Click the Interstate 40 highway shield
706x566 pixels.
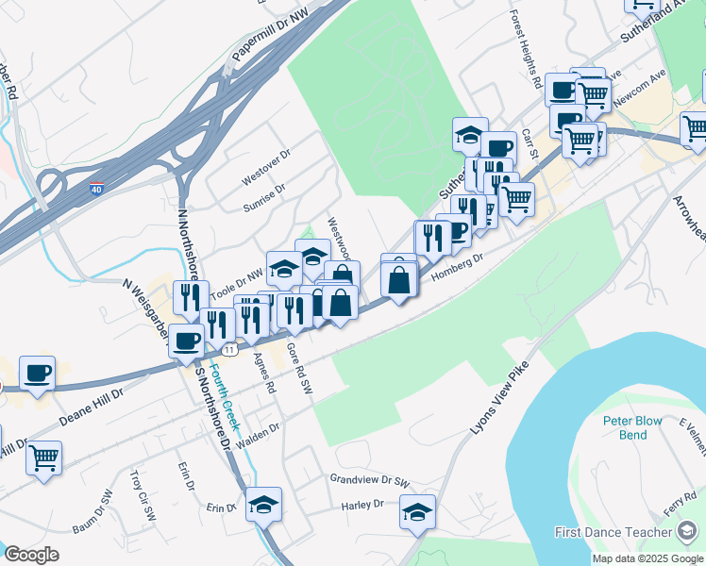97,189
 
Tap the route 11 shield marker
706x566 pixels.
229,350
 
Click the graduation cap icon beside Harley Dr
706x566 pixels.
417,513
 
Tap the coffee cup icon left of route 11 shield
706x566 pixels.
187,341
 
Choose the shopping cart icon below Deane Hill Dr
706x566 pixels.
43,458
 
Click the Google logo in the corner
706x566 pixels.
31,555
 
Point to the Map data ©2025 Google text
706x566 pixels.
647,558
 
